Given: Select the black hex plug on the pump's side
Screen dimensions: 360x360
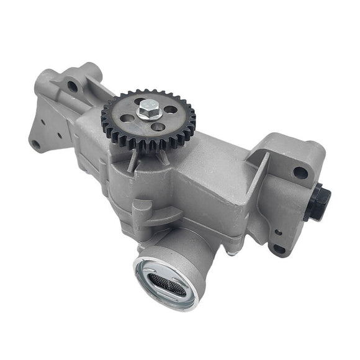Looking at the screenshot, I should coord(320,202).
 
